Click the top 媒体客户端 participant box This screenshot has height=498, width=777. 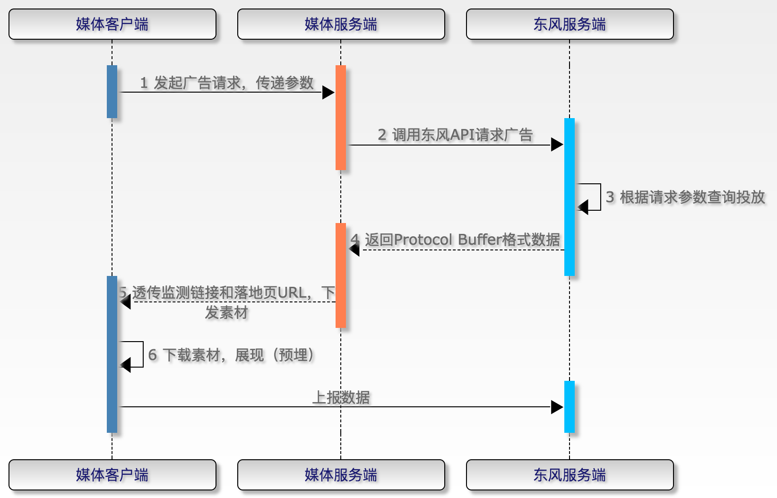tap(112, 24)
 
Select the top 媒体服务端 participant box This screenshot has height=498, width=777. tap(341, 24)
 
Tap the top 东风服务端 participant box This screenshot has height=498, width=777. tap(570, 24)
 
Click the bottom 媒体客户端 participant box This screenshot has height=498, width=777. tap(112, 475)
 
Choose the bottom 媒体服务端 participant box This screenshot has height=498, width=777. tap(341, 475)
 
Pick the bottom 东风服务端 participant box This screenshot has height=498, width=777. tap(570, 475)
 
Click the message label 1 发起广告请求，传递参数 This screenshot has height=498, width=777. tap(227, 83)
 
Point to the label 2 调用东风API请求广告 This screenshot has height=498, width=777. tap(455, 135)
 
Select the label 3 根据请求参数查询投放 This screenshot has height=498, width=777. tap(685, 197)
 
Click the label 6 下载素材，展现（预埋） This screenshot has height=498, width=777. tap(231, 355)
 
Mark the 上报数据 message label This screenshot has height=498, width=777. tap(341, 397)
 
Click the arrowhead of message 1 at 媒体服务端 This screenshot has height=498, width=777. tap(328, 92)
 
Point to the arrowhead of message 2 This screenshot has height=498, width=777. tap(557, 145)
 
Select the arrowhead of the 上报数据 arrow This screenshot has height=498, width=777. tap(557, 407)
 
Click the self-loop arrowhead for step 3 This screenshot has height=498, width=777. tap(583, 207)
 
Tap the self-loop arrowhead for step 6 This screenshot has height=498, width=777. tap(126, 365)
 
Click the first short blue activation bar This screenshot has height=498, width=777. tap(112, 91)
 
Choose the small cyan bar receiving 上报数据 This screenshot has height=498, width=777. tap(570, 406)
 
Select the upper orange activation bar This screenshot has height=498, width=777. tap(341, 117)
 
